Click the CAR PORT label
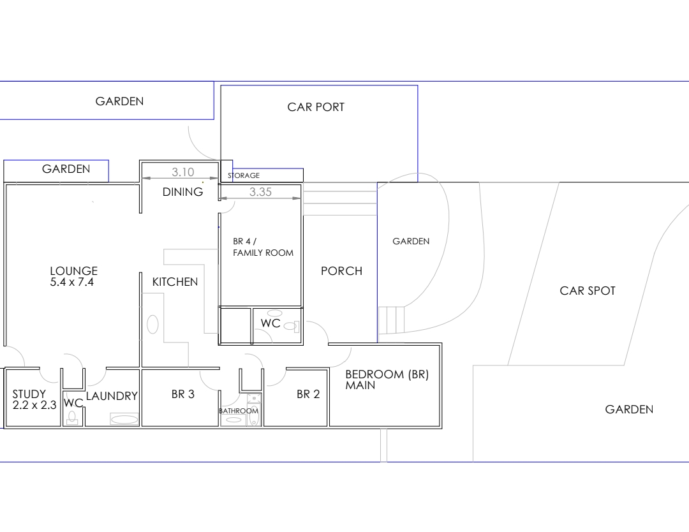(x=316, y=107)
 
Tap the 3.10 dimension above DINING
(x=183, y=172)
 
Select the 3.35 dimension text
(x=260, y=192)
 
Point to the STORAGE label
(x=244, y=175)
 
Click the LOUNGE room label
(x=74, y=270)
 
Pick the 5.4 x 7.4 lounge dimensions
(x=72, y=282)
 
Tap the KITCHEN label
(x=175, y=281)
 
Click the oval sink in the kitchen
(x=152, y=325)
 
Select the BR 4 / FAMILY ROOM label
(x=263, y=247)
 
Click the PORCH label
(x=341, y=271)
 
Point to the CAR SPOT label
(x=588, y=291)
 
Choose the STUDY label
(x=29, y=394)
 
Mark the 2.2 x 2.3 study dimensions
(x=34, y=405)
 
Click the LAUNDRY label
(x=112, y=396)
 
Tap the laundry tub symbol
(x=124, y=419)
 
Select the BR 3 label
(x=183, y=394)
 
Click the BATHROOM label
(x=239, y=411)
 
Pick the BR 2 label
(x=308, y=394)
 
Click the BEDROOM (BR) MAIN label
(x=387, y=380)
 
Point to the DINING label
(x=183, y=191)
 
